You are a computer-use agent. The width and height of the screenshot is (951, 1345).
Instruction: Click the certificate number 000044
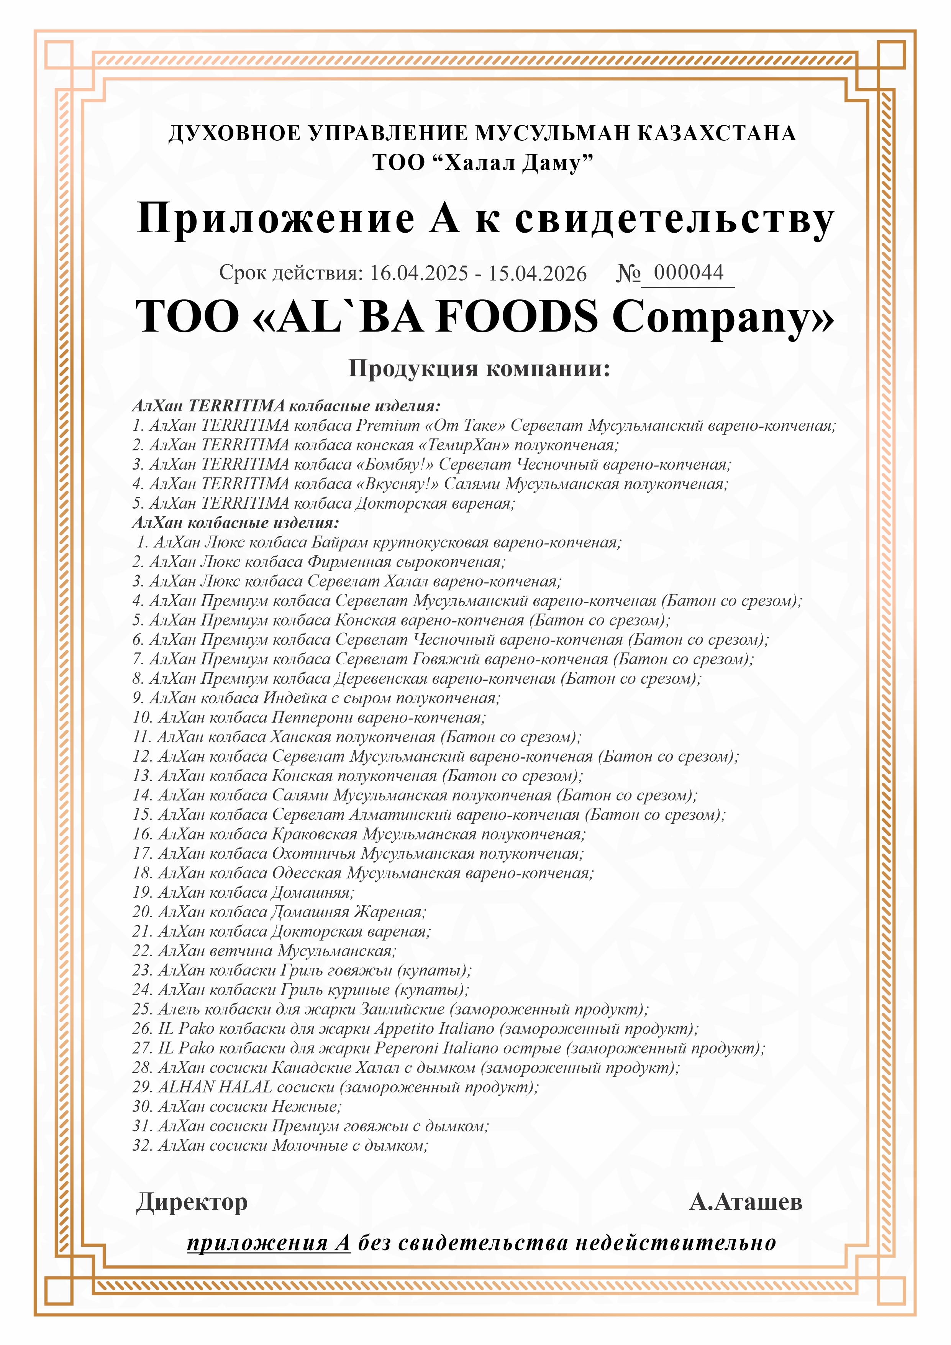[x=688, y=273]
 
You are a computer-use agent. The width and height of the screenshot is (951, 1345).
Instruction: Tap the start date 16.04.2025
[x=419, y=274]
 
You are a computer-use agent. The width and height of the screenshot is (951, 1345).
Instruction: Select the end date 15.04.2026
[x=538, y=274]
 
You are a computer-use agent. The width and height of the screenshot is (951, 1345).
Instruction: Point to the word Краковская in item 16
[x=315, y=834]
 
